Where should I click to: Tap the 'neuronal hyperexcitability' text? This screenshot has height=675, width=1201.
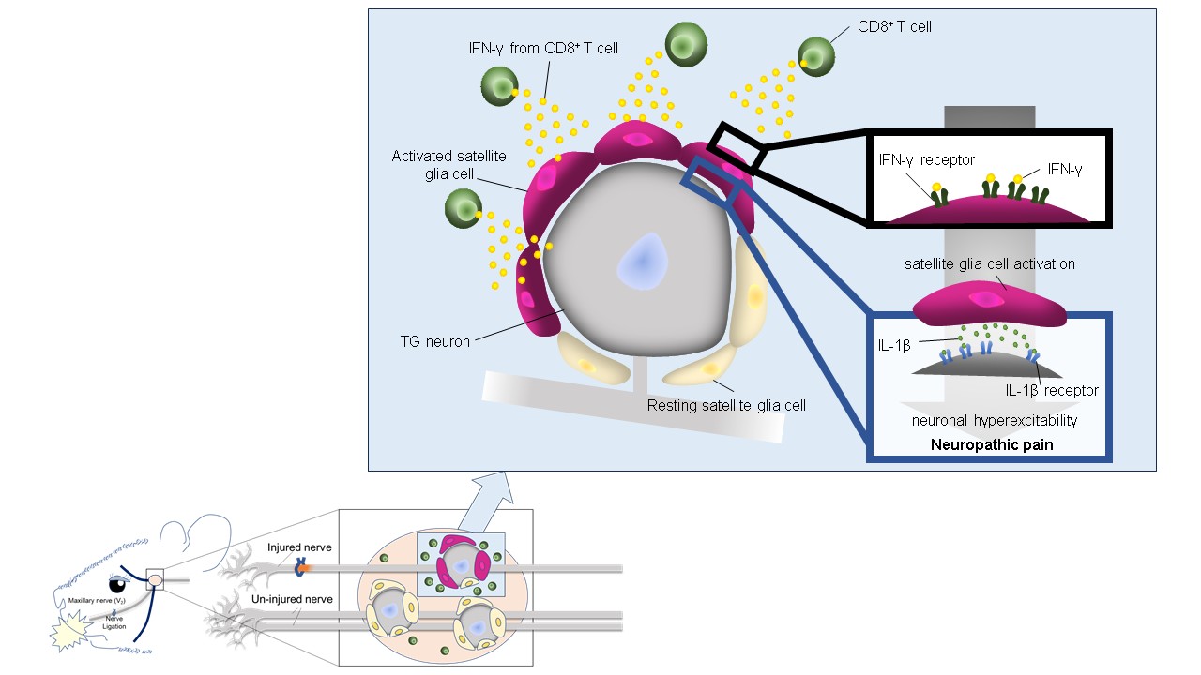pyautogui.click(x=994, y=421)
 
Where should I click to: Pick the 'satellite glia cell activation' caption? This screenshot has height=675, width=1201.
pyautogui.click(x=990, y=264)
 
